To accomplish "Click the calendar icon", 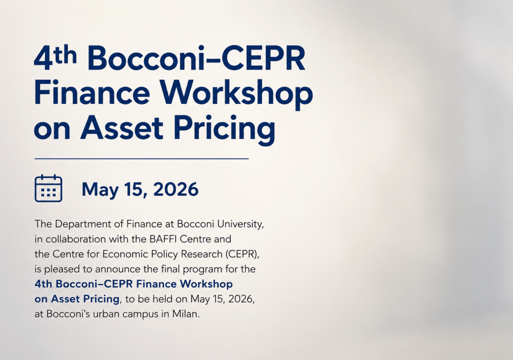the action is [x=48, y=188].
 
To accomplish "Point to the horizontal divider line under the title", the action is [x=141, y=158].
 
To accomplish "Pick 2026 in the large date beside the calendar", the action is [x=175, y=189].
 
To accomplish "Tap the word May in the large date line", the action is [x=100, y=190].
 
